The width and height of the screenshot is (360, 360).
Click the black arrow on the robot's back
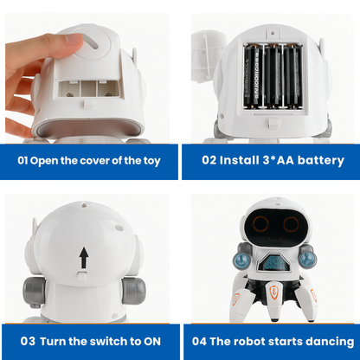pyautogui.click(x=84, y=258)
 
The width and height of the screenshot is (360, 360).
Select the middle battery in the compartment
pyautogui.click(x=273, y=76)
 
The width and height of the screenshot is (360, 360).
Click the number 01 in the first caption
pyautogui.click(x=22, y=160)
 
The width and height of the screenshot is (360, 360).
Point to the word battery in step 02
pyautogui.click(x=321, y=161)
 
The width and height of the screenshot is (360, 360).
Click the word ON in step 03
pyautogui.click(x=152, y=342)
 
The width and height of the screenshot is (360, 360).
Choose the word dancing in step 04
pyautogui.click(x=330, y=342)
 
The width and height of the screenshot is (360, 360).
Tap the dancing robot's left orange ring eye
pyautogui.click(x=261, y=224)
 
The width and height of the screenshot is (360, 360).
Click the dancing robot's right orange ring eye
pyautogui.click(x=291, y=224)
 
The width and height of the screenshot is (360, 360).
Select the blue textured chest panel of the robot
pyautogui.click(x=274, y=262)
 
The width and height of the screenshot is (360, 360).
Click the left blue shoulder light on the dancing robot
pyautogui.click(x=241, y=260)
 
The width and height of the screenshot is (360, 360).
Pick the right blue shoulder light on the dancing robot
pyautogui.click(x=307, y=259)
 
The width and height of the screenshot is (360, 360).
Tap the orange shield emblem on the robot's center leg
pyautogui.click(x=273, y=292)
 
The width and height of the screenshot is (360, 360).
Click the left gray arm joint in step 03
pyautogui.click(x=34, y=291)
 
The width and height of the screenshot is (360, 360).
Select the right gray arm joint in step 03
pyautogui.click(x=133, y=291)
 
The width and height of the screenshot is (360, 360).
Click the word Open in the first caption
pyautogui.click(x=44, y=161)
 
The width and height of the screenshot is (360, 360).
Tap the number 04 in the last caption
pyautogui.click(x=199, y=342)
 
